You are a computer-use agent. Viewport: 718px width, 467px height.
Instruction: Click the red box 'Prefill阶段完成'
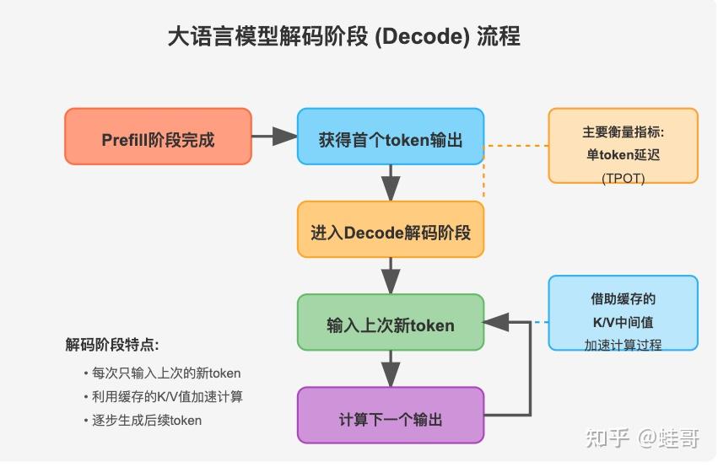[x=158, y=137]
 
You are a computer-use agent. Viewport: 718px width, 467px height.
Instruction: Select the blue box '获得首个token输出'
[x=390, y=137]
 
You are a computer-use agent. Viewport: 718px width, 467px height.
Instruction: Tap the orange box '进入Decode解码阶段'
[x=390, y=229]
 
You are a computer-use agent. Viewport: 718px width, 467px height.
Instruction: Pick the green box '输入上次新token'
[x=390, y=322]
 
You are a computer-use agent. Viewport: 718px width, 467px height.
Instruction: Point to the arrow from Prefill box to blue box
[x=274, y=137]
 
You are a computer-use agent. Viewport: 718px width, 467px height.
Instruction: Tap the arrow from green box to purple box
[x=390, y=368]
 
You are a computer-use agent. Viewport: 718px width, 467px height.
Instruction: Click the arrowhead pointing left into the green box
[x=496, y=322]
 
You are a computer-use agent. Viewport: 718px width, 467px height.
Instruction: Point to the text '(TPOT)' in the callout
[x=623, y=178]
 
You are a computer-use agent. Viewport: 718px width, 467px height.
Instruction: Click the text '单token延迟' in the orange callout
[x=623, y=155]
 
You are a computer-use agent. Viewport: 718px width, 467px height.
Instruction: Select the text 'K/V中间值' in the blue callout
[x=623, y=322]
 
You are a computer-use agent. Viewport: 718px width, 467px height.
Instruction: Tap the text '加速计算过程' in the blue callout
[x=623, y=344]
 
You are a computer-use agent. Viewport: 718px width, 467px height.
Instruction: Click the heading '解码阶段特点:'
[x=112, y=345]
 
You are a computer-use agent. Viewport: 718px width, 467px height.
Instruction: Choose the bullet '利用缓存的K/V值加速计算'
[x=167, y=396]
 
